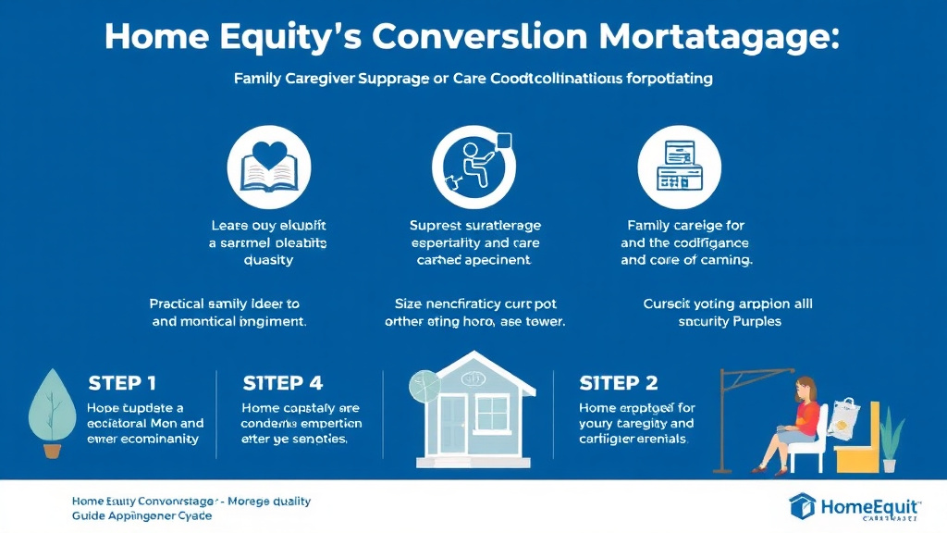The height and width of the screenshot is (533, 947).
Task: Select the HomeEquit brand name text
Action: [869, 505]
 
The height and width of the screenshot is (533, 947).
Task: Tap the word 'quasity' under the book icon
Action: [268, 260]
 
